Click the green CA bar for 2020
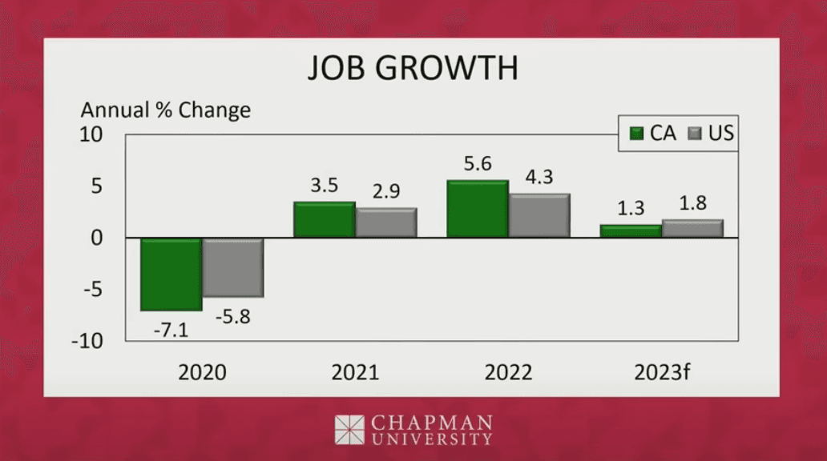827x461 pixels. (171, 275)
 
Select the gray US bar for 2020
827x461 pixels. (232, 267)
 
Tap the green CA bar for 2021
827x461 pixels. (324, 220)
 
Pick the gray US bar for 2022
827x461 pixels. (539, 216)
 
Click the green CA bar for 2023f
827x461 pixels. (631, 231)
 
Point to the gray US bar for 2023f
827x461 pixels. (692, 229)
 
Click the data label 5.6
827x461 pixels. (477, 164)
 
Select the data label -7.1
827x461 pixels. (170, 329)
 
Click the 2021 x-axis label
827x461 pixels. (355, 373)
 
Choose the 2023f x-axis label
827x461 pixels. (661, 373)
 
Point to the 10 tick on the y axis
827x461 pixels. (91, 135)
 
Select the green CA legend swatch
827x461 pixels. (636, 134)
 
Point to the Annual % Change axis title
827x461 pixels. (165, 110)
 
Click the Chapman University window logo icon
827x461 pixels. (349, 430)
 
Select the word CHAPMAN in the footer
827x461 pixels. (430, 422)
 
